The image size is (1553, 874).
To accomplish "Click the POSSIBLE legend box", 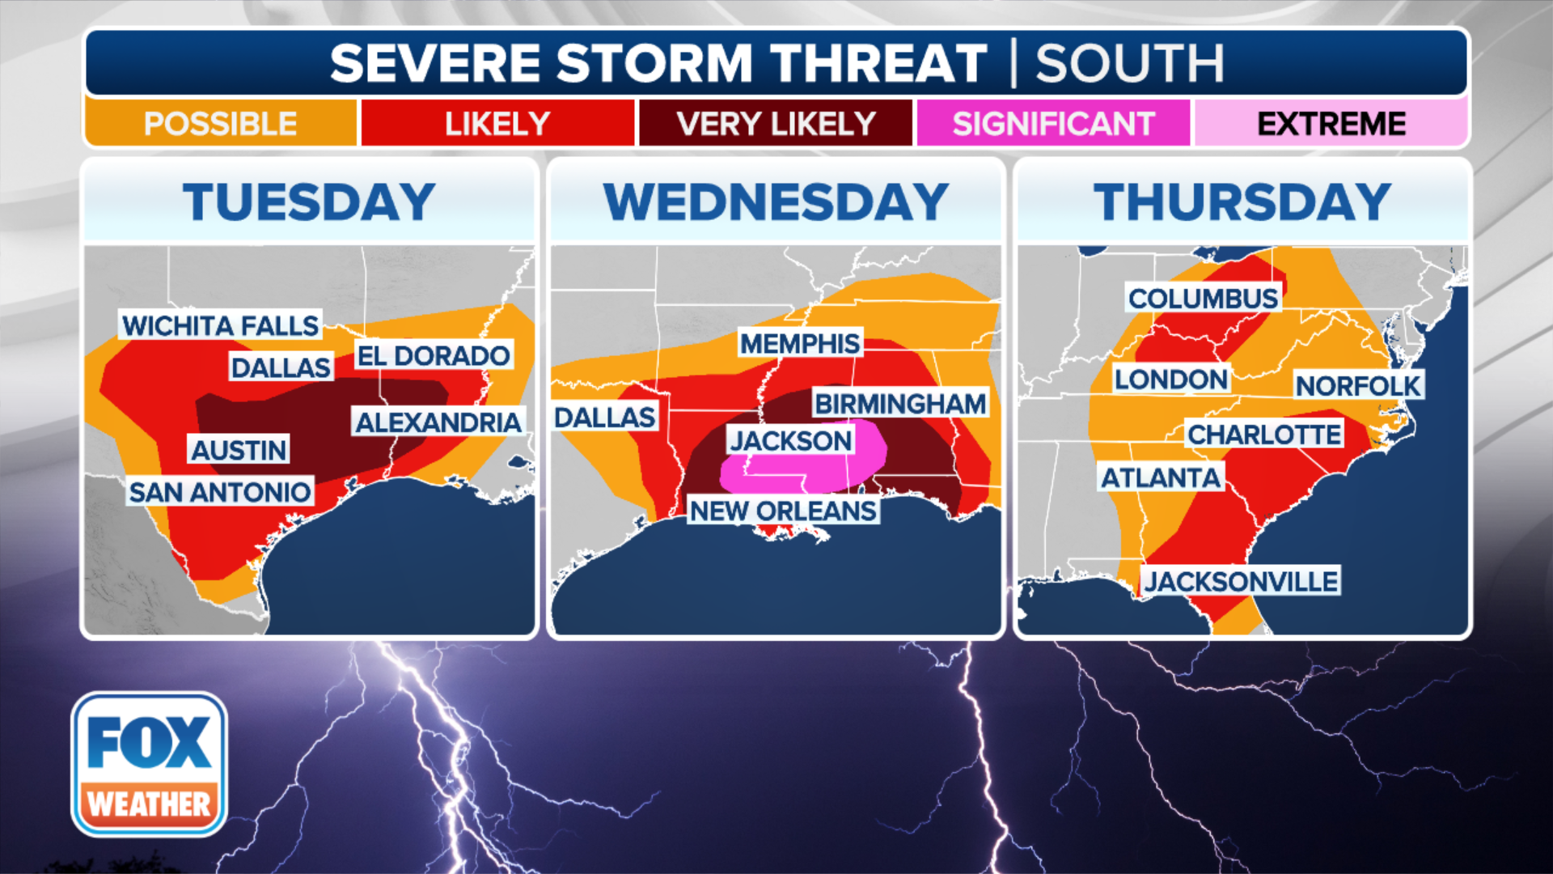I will pos(220,124).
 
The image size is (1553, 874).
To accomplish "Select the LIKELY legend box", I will pos(497,124).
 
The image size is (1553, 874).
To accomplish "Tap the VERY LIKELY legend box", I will pos(776,124).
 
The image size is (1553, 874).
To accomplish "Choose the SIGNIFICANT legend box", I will pos(1053,124).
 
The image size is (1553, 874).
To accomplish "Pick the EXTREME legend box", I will pos(1331,124).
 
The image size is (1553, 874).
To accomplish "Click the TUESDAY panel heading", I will pos(309,202).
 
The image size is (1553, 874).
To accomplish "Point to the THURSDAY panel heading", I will pos(1242,202).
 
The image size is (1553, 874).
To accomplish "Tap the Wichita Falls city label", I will pos(220,325).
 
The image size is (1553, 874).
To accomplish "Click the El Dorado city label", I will pos(434,355).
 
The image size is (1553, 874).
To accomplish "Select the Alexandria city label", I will pos(438,422).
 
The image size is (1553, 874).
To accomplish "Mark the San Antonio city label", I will pos(220,491).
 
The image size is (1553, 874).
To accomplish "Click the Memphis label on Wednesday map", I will pos(800,343).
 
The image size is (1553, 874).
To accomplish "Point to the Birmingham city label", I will pos(900,403).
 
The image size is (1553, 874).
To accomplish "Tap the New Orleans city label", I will pos(783,511).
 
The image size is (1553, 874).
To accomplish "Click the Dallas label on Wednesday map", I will pos(605,417).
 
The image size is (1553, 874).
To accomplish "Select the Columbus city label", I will pos(1204,298).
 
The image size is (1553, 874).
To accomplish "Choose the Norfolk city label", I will pos(1358,386).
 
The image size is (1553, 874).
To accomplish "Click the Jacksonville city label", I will pos(1241,581).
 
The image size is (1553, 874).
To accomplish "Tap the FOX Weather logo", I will pos(150,764).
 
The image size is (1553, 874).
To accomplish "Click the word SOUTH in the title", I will pos(1129,63).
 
